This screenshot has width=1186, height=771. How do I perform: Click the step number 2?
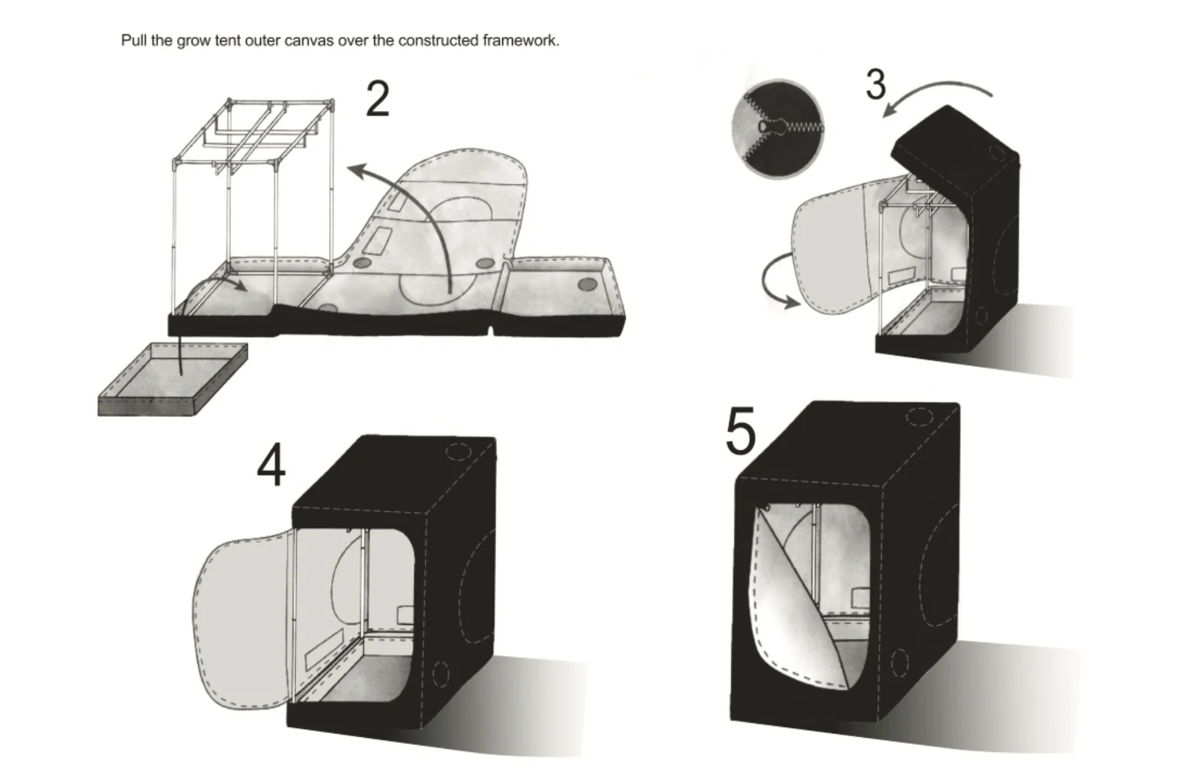[377, 100]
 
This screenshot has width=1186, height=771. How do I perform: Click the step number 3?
[875, 84]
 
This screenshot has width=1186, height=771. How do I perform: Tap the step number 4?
[271, 467]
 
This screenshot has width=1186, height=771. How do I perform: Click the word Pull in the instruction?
[134, 41]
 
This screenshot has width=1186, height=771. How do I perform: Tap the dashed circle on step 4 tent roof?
[457, 451]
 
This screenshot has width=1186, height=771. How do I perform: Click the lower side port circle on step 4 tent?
[441, 671]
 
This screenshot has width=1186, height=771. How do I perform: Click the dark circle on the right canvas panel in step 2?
[585, 283]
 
